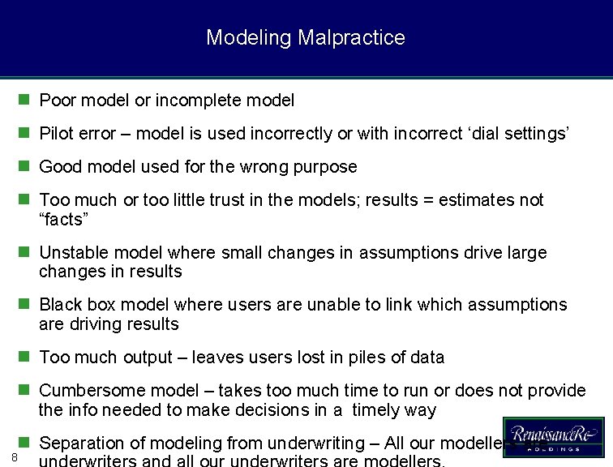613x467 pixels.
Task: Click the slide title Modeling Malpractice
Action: click(x=306, y=37)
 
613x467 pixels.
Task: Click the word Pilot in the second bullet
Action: click(x=57, y=134)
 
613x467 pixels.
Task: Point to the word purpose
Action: click(x=327, y=167)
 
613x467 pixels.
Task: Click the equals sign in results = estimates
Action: click(x=427, y=200)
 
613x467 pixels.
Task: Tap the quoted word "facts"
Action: click(x=63, y=219)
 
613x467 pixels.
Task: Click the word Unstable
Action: click(x=73, y=253)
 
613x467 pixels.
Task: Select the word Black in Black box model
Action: click(x=61, y=305)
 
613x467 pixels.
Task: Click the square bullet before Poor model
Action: click(x=24, y=101)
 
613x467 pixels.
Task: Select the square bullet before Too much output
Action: click(x=24, y=358)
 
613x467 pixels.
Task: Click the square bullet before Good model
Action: click(x=24, y=167)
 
